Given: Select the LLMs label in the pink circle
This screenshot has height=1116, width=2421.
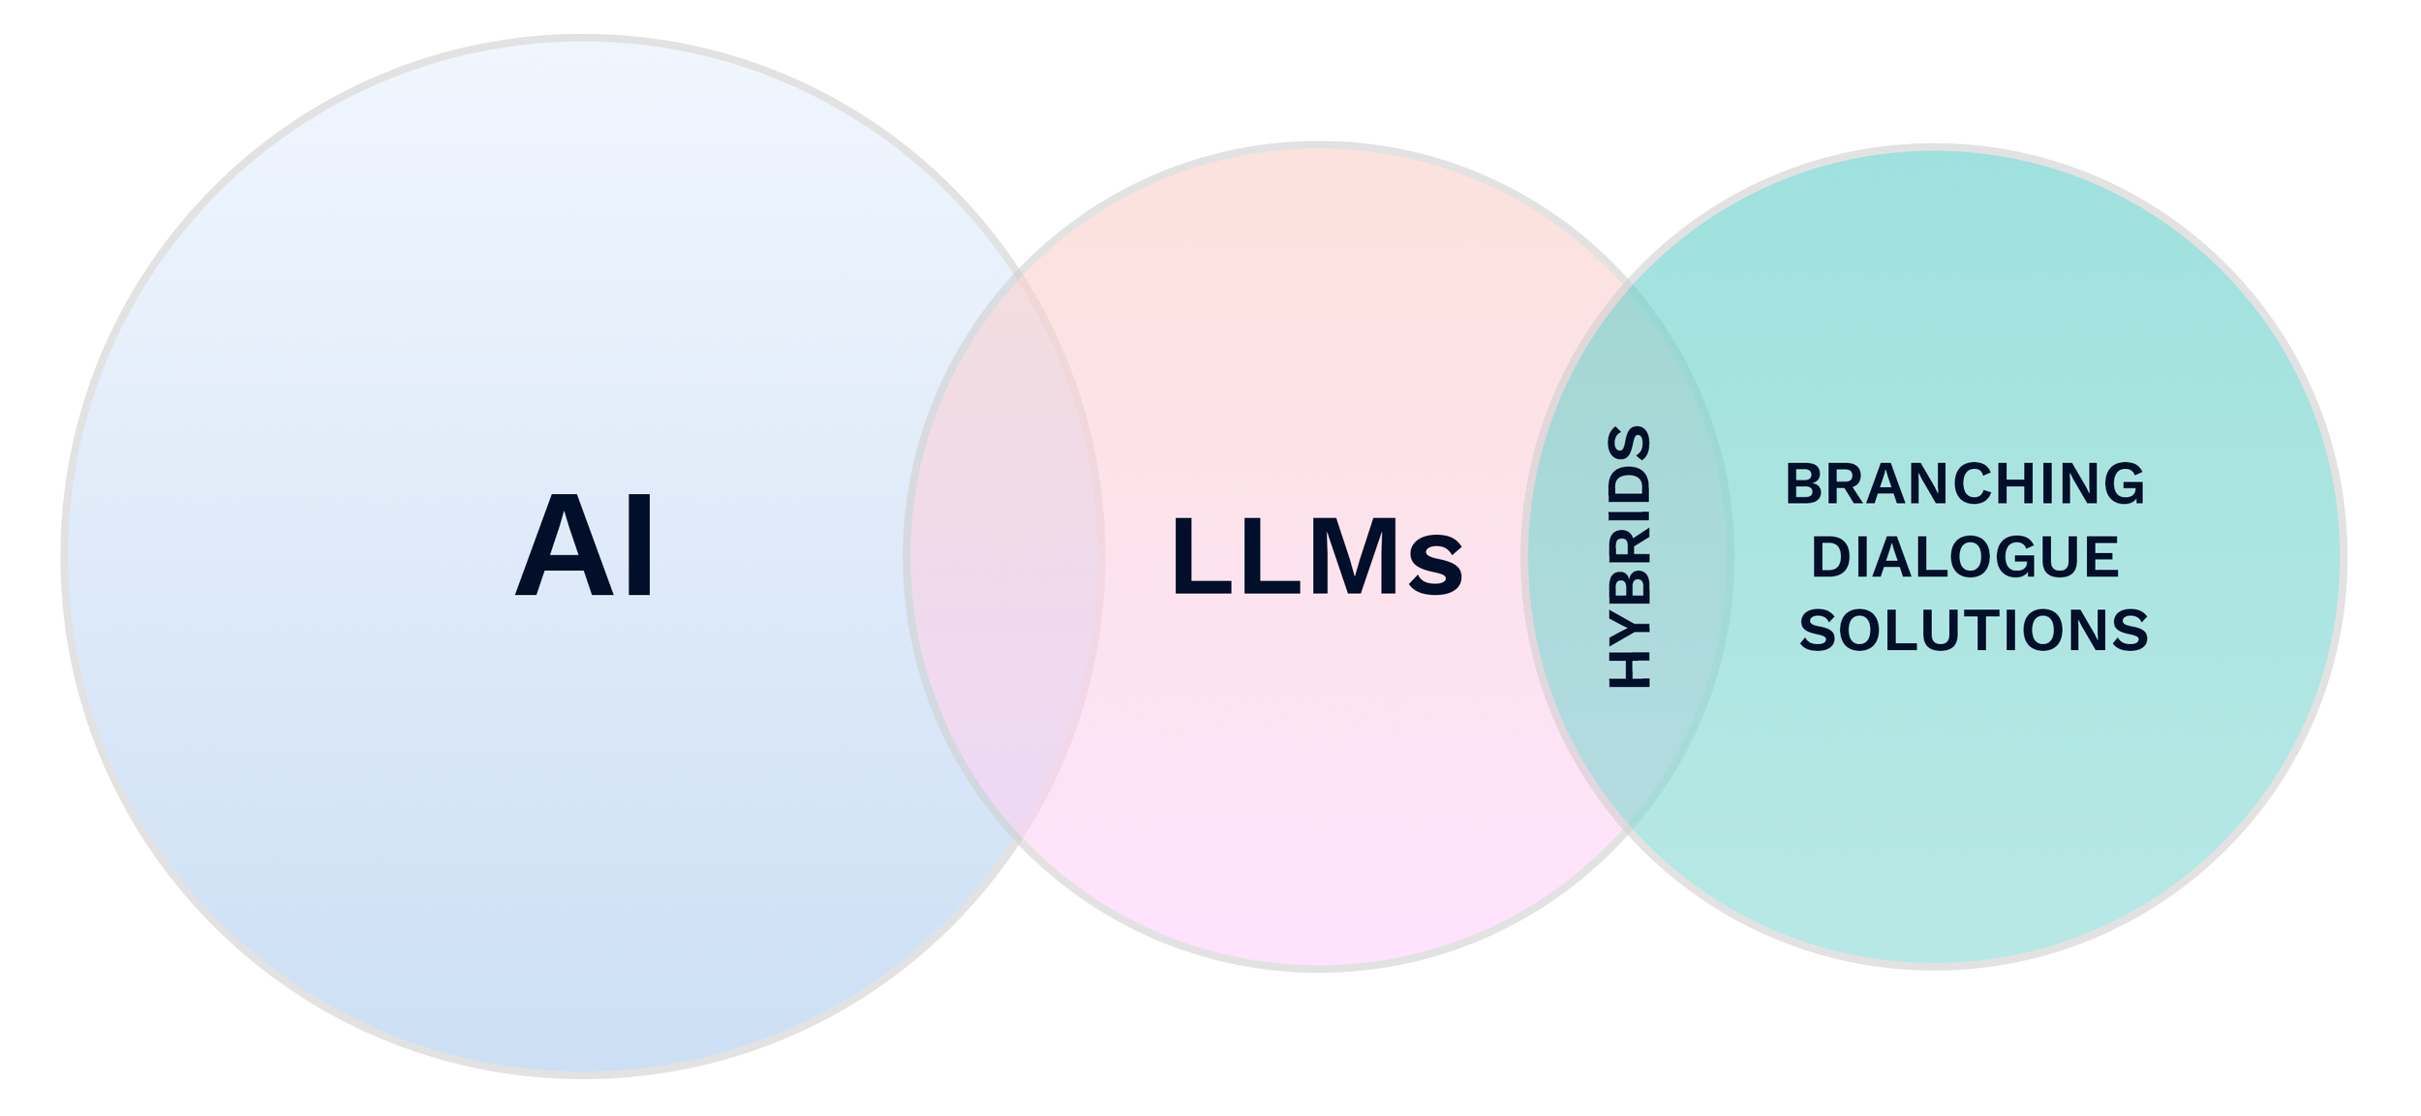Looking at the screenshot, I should tap(1316, 557).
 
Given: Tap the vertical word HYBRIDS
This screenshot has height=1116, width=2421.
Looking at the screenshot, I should tap(1630, 557).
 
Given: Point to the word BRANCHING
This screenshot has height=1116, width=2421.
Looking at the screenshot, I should tap(1965, 484).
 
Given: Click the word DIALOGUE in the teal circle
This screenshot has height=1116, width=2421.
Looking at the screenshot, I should tap(1965, 558).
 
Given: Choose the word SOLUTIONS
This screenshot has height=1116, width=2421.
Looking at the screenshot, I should tap(1974, 631).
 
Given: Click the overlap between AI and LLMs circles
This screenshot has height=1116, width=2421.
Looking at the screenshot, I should tap(1005, 552).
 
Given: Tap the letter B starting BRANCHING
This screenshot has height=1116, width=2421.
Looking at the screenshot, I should tap(1803, 484).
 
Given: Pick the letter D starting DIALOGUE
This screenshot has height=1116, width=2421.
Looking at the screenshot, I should tap(1829, 558).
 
